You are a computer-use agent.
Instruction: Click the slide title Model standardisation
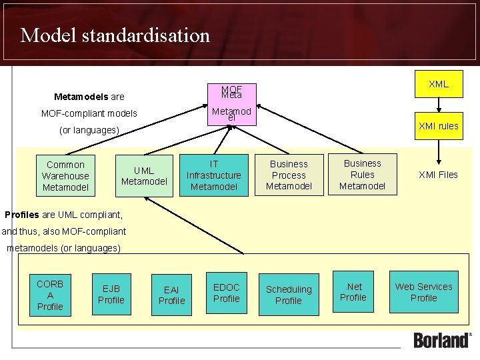tap(115, 35)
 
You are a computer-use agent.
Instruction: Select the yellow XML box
tap(438, 85)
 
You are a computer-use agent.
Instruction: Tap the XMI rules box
tap(438, 125)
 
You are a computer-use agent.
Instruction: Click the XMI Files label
tap(438, 175)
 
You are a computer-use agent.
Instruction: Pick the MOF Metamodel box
tap(231, 103)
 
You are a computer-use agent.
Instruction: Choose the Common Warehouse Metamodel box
tap(65, 176)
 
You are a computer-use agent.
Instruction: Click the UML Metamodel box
tap(144, 176)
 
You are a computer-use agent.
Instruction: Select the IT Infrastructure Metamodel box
tap(213, 175)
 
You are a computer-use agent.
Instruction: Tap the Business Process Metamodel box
tap(289, 175)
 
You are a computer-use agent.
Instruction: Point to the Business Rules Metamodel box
tap(362, 175)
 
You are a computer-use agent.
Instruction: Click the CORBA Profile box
tap(50, 295)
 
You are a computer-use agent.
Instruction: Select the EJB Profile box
tap(111, 294)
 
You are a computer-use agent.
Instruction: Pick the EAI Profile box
tap(171, 295)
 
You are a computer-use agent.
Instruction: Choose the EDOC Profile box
tap(226, 293)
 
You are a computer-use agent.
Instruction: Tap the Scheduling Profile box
tap(289, 295)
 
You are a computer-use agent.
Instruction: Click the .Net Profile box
tap(353, 292)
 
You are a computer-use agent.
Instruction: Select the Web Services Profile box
tap(423, 292)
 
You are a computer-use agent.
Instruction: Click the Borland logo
tap(442, 340)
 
